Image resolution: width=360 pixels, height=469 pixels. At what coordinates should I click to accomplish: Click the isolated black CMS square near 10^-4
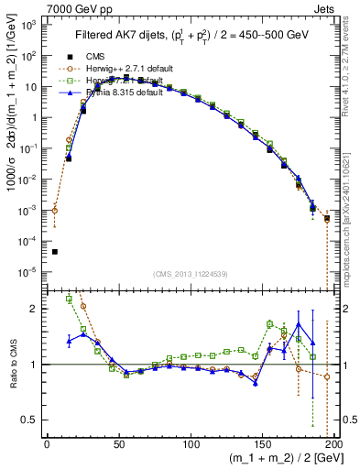pos(55,252)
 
